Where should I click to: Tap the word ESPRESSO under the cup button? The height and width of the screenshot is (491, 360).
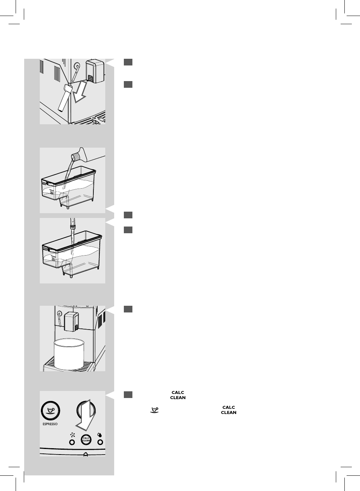tap(50, 424)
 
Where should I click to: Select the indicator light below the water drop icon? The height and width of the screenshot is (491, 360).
tap(100, 442)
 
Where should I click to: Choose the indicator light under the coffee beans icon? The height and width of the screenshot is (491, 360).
tap(72, 442)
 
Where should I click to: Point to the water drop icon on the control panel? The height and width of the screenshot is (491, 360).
tap(100, 434)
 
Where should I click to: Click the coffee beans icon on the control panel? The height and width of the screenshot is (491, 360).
tap(72, 434)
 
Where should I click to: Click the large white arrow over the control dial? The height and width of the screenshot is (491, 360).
tap(85, 415)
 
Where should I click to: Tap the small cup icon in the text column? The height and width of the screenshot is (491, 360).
tap(154, 410)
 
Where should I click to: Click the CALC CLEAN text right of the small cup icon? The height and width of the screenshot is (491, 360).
tap(229, 410)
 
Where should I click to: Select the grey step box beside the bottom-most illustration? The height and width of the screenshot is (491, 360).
tap(128, 394)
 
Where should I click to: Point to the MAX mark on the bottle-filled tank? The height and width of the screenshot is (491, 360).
tap(44, 183)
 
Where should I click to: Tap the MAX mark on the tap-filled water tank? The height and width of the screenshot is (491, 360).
tap(45, 248)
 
